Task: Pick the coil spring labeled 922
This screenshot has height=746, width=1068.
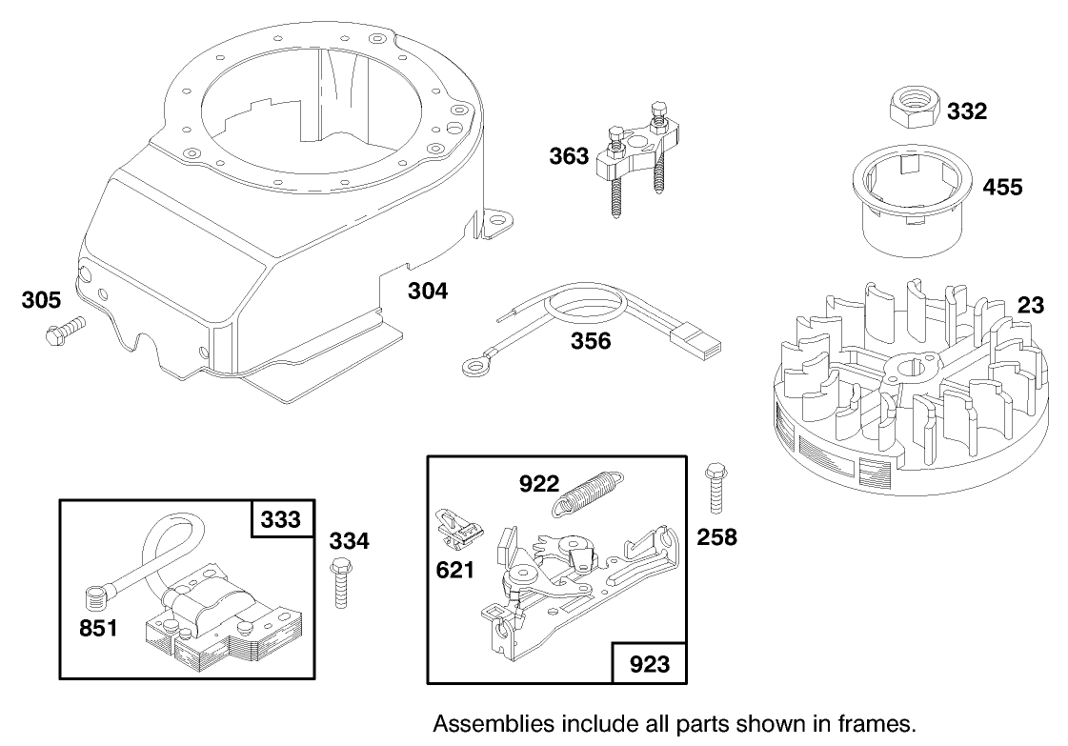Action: tap(589, 494)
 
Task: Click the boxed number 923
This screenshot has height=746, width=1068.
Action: tap(648, 664)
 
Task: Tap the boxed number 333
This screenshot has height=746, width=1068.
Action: tap(283, 519)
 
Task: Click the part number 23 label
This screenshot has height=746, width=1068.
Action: tap(1030, 306)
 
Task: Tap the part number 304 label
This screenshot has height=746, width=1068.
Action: tap(428, 291)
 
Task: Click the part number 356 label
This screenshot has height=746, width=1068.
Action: tap(592, 340)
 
